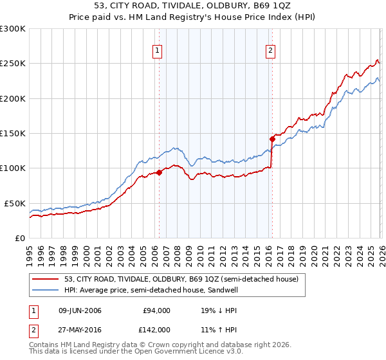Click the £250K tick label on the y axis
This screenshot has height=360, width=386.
(x=12, y=64)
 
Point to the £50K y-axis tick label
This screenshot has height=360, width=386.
(x=14, y=203)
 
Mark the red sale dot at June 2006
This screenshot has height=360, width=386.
(x=159, y=172)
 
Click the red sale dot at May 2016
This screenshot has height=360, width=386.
(x=272, y=139)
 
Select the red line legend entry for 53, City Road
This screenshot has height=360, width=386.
(x=181, y=280)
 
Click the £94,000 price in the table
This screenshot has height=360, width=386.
(x=156, y=310)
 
